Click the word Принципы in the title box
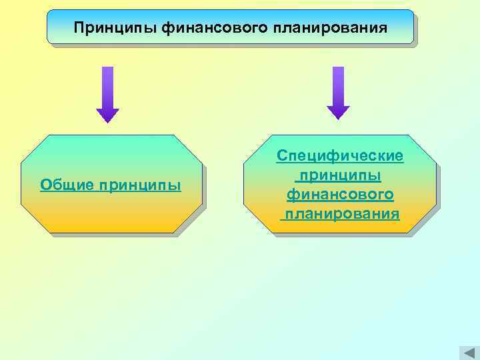tap(116, 28)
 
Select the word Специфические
tap(340, 156)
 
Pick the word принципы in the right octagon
tap(340, 175)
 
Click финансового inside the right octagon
tap(340, 195)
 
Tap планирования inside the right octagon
tap(340, 214)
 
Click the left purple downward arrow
tap(107, 93)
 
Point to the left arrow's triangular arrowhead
tap(107, 115)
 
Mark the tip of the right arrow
tap(338, 118)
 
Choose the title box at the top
tap(230, 27)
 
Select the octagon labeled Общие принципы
tap(111, 184)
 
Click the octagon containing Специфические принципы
tap(340, 184)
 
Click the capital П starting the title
tap(79, 28)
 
